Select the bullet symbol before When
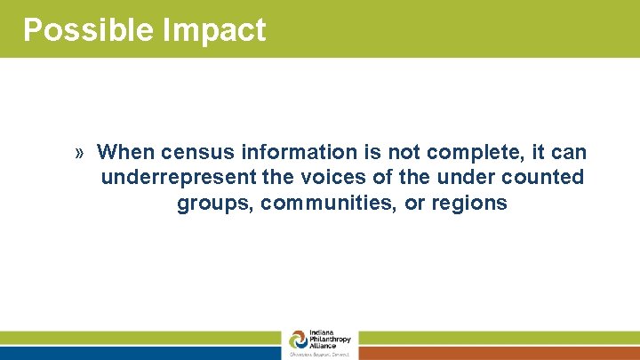coord(80,153)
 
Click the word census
coord(187,152)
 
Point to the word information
coord(280,152)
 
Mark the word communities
coord(324,204)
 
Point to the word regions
coord(469,204)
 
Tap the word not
coord(374,152)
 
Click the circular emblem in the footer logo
coord(298,340)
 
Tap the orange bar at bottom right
coord(499,353)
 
